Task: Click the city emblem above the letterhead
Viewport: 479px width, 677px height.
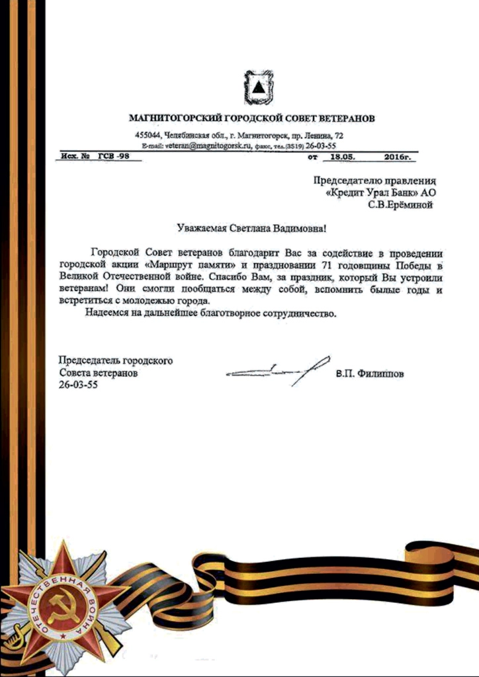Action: (255, 88)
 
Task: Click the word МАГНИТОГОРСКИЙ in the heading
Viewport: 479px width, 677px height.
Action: (177, 119)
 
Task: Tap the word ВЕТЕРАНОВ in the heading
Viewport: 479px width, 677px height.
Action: (339, 119)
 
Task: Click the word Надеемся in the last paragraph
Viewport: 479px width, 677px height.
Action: (107, 313)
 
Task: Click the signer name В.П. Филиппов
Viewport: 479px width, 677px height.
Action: (370, 374)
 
